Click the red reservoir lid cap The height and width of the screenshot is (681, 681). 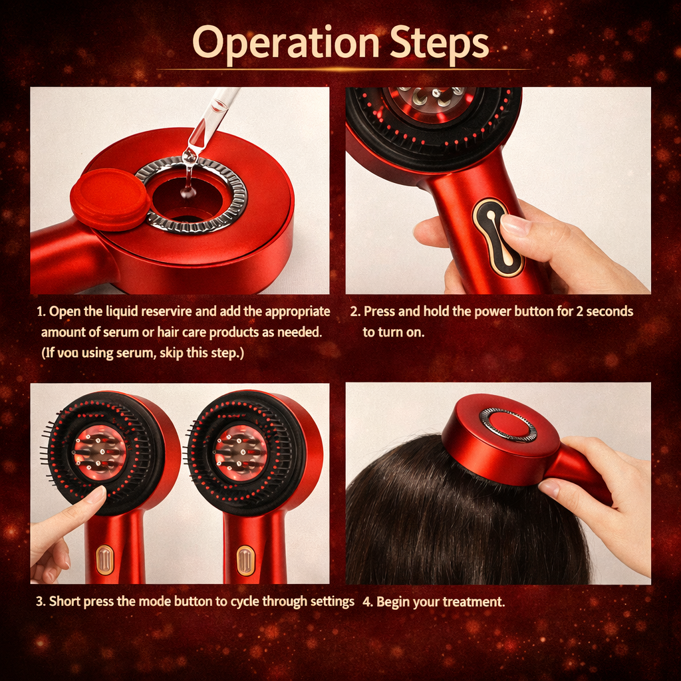pyautogui.click(x=109, y=198)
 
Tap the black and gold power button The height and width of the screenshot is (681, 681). pyautogui.click(x=497, y=236)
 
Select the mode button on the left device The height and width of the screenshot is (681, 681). pyautogui.click(x=104, y=560)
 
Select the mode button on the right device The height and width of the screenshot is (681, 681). pyautogui.click(x=245, y=560)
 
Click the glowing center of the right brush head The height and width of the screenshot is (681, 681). pyautogui.click(x=240, y=452)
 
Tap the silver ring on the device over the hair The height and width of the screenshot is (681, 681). pyautogui.click(x=508, y=424)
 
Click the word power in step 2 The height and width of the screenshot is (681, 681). pyautogui.click(x=493, y=311)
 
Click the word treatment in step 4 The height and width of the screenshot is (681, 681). pyautogui.click(x=474, y=603)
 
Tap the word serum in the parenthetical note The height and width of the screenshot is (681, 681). pyautogui.click(x=135, y=353)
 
